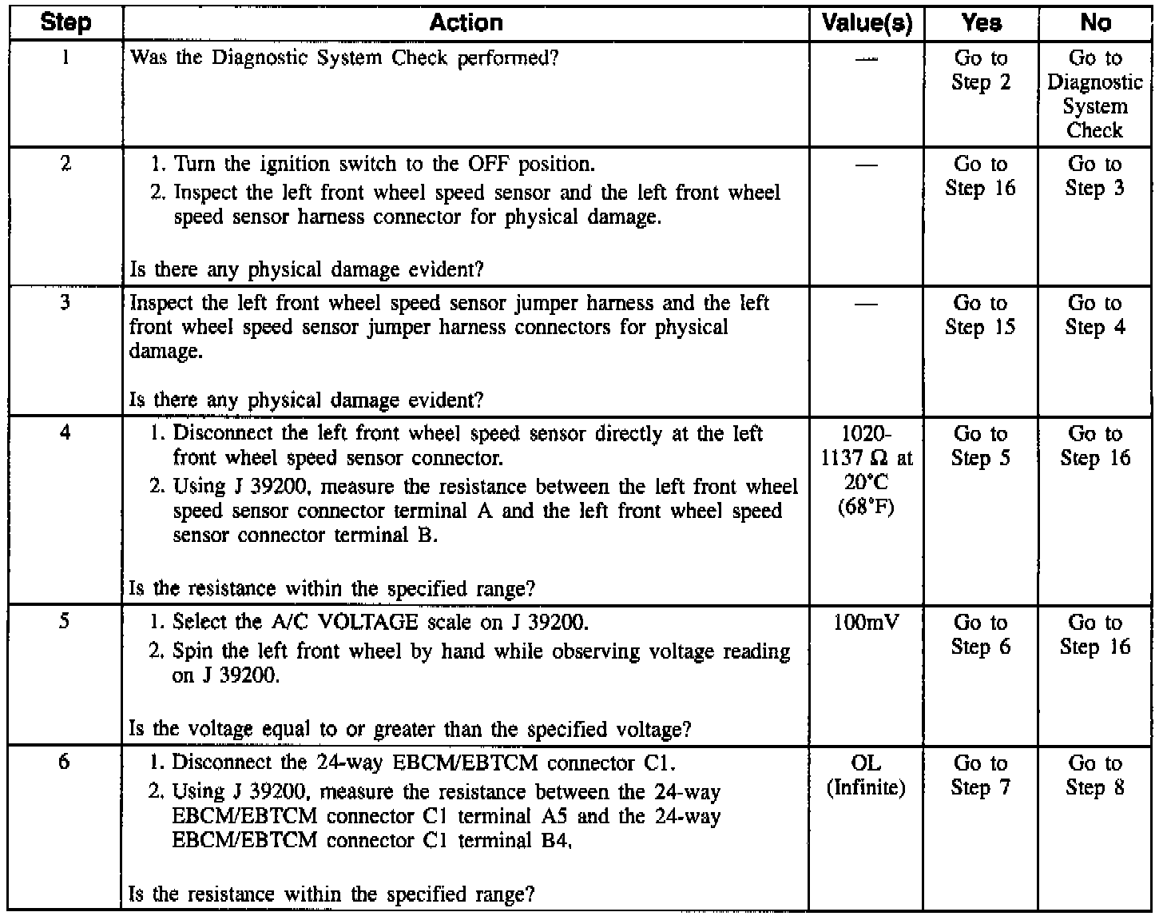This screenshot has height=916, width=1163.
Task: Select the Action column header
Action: coord(466,22)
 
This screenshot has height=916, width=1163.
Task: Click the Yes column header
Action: coord(981,22)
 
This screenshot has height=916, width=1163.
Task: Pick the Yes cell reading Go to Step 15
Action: coord(981,315)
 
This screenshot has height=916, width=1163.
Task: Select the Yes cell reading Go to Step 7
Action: coord(981,775)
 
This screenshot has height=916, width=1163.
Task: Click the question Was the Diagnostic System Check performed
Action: coord(343,58)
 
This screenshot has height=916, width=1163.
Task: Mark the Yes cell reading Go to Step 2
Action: coord(981,70)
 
